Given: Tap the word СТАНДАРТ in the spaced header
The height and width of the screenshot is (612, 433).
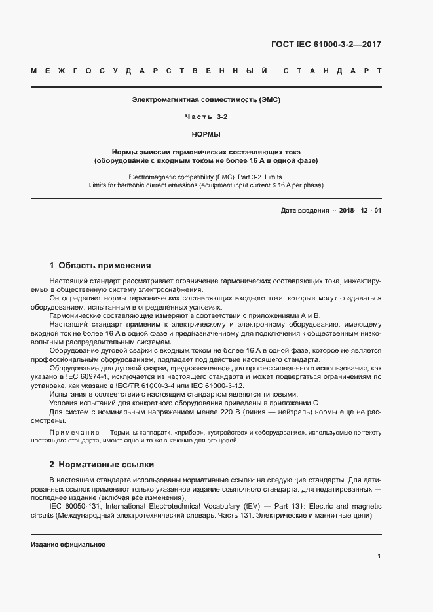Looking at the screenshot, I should tap(333, 70).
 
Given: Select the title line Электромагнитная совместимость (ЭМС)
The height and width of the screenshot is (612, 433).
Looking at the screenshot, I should tap(206, 100).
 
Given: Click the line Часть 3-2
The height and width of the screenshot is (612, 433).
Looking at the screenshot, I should tap(206, 117).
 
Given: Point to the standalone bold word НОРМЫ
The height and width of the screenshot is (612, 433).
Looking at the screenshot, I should tap(206, 134).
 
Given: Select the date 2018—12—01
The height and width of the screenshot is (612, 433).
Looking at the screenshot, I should tap(360, 210).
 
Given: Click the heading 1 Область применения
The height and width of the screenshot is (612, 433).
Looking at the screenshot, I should tap(100, 266).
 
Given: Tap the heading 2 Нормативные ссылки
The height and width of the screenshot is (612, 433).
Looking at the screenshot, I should tap(102, 465).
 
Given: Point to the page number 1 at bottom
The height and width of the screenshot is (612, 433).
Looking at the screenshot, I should tap(379, 556).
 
